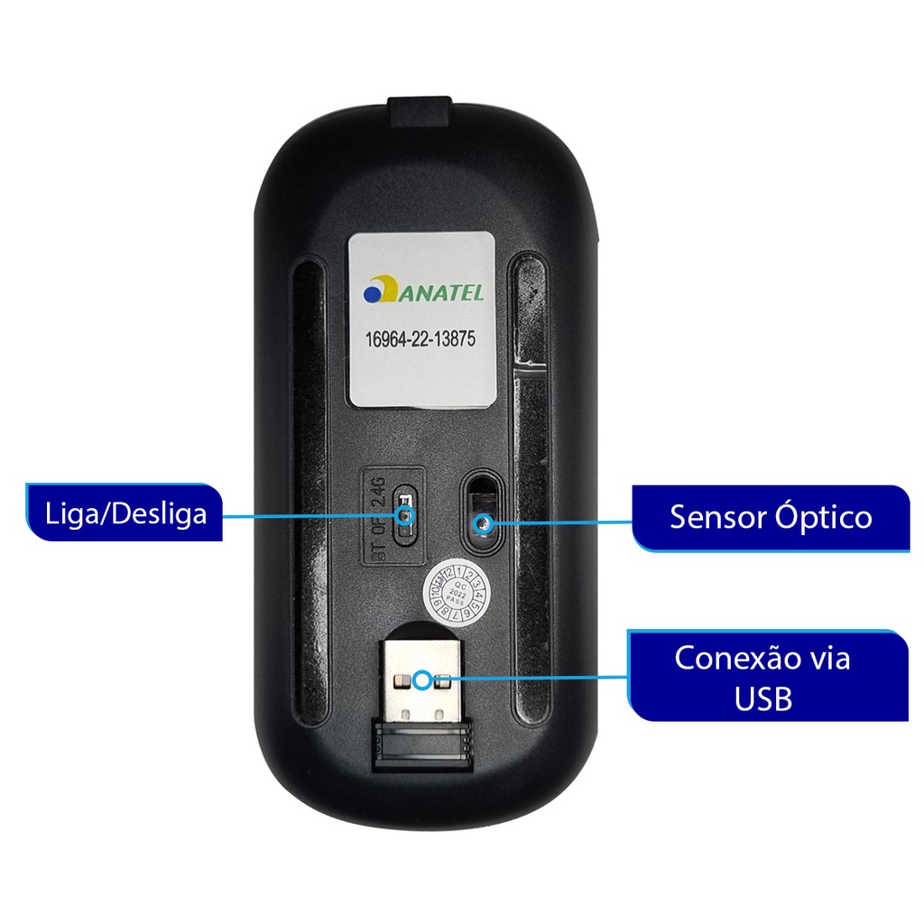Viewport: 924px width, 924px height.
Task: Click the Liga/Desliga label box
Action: click(x=125, y=513)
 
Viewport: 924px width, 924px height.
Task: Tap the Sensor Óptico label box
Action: click(x=771, y=517)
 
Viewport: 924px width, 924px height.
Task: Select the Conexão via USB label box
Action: click(x=767, y=676)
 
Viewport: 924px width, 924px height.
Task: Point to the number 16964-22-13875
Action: click(x=420, y=340)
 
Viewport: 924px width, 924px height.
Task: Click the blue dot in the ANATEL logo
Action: click(x=372, y=294)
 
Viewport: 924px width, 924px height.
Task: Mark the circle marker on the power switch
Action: click(x=406, y=516)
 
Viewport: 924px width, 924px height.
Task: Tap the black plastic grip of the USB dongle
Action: click(x=421, y=744)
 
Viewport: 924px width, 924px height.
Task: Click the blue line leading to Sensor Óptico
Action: click(x=559, y=522)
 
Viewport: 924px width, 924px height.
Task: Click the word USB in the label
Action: click(x=763, y=698)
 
